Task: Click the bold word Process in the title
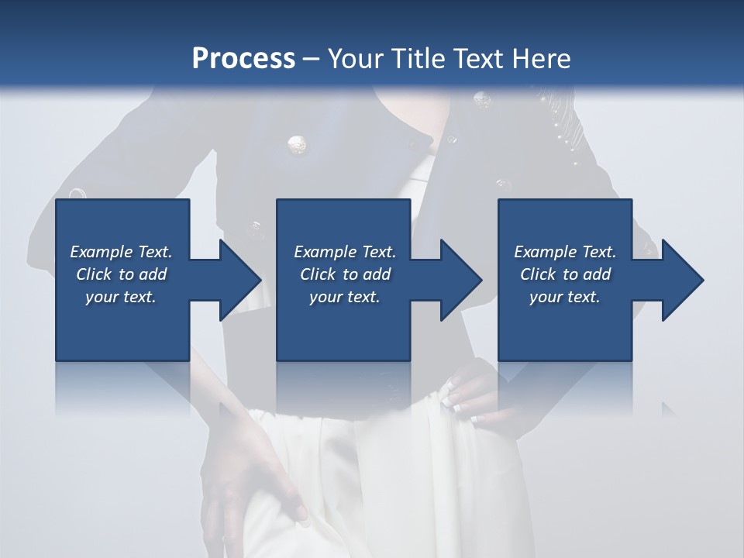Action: [x=243, y=58]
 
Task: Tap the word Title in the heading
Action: [x=417, y=58]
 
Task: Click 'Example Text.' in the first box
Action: [x=121, y=252]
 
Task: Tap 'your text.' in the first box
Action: [x=121, y=297]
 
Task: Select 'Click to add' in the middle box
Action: [x=345, y=274]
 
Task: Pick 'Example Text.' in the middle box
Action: [x=345, y=252]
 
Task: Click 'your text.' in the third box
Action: [x=565, y=297]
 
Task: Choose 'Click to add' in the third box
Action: [x=565, y=274]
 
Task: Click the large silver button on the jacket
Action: [x=296, y=144]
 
